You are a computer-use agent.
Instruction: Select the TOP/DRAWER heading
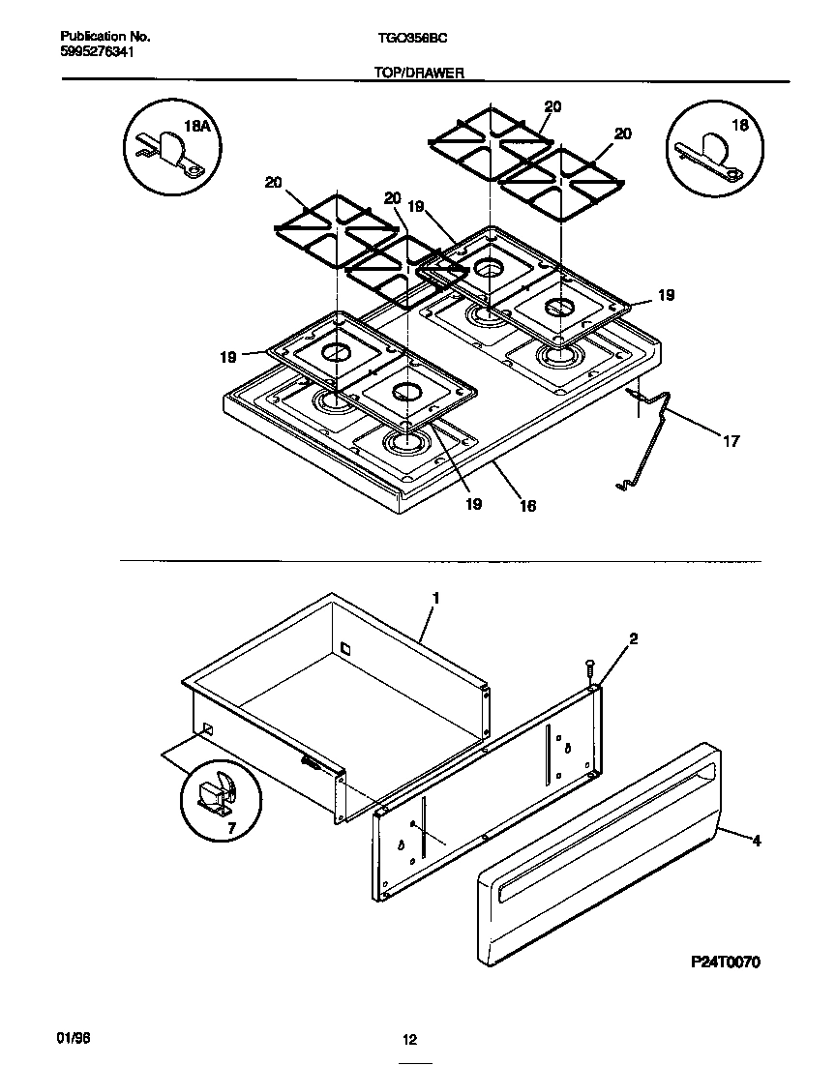418,73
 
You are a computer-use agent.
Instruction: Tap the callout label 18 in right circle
740,125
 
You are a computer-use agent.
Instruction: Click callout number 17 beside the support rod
731,441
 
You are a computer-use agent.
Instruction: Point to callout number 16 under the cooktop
527,505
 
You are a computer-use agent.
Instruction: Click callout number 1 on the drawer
435,599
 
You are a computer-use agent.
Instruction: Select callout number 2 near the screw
633,638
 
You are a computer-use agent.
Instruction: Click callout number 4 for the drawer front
756,841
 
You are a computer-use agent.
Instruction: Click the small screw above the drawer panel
588,668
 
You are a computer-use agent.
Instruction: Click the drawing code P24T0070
727,962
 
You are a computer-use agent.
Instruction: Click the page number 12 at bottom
409,1040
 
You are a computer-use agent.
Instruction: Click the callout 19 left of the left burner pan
227,357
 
